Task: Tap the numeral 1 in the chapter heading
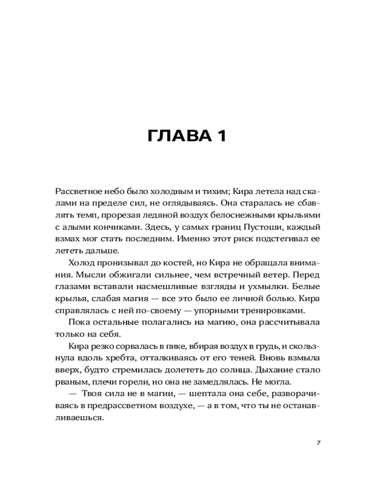tap(220, 136)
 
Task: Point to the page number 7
tap(318, 442)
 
